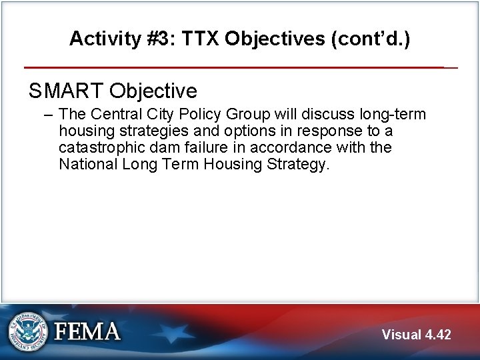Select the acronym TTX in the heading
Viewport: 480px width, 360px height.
tap(197, 39)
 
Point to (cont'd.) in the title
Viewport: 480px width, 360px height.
tap(371, 39)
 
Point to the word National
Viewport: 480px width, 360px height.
tap(88, 164)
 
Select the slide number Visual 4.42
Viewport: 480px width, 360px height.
tap(416, 335)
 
